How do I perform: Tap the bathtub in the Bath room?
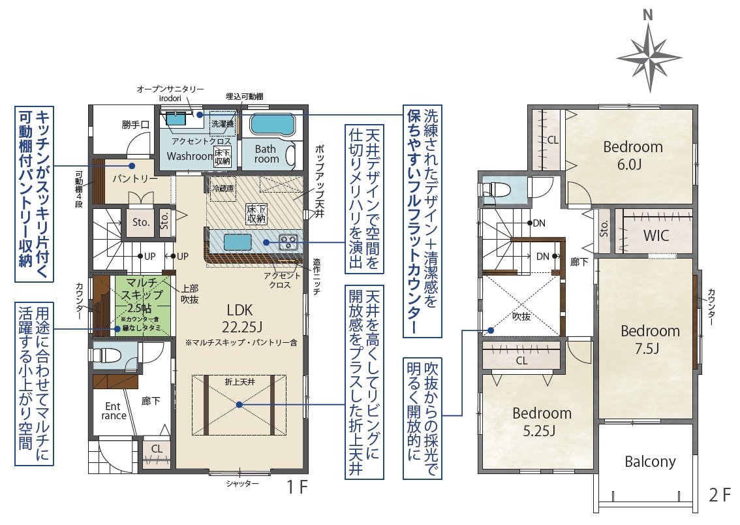[273, 124]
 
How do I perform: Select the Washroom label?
[187, 156]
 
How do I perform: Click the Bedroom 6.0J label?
[632, 155]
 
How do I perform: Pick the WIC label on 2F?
[655, 236]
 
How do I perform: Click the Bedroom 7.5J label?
[649, 339]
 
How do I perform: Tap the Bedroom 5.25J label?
[542, 421]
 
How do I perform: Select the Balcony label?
[649, 462]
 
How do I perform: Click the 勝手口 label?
[136, 124]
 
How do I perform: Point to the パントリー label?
[134, 178]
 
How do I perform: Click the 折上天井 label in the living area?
[239, 380]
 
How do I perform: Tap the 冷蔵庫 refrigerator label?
[221, 187]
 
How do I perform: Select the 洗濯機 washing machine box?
[222, 122]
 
